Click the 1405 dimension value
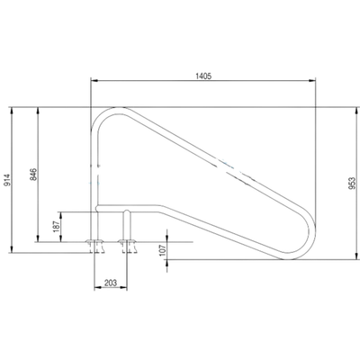[203, 76]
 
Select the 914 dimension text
[7, 179]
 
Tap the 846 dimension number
[33, 174]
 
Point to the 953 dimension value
[353, 183]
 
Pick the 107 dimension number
[162, 250]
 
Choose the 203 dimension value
[111, 283]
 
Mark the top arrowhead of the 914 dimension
[12, 111]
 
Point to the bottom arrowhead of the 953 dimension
[356, 256]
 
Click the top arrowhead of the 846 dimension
[38, 111]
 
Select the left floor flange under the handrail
[94, 241]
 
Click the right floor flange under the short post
[127, 241]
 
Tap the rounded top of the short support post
[127, 211]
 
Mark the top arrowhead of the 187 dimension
[61, 216]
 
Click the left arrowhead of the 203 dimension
[98, 288]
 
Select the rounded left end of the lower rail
[96, 208]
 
